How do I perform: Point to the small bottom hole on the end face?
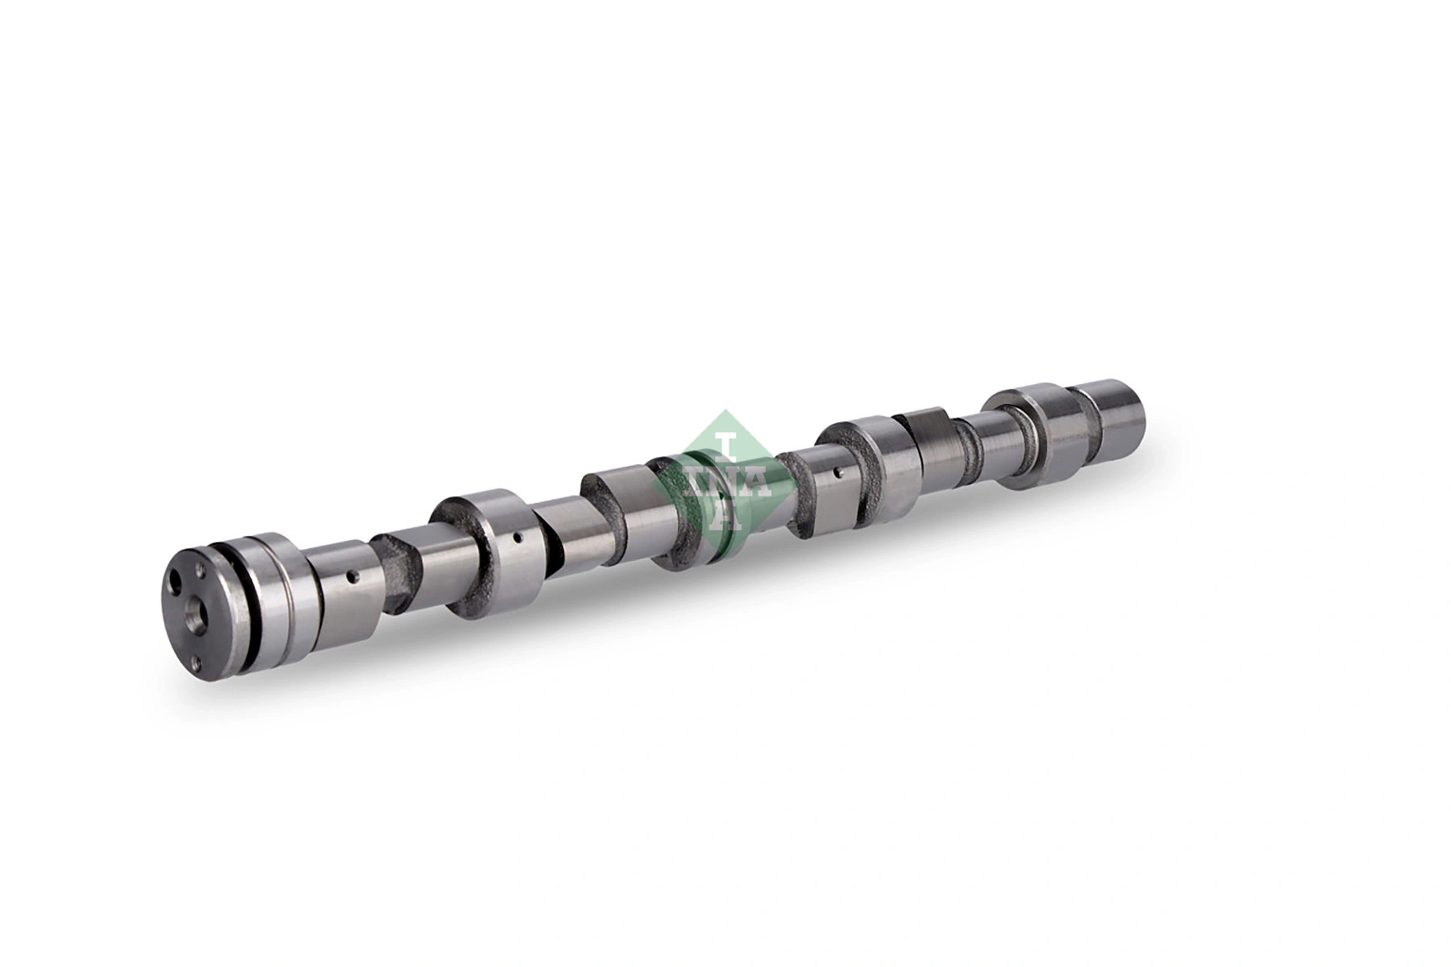197,662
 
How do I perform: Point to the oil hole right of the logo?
839,471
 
